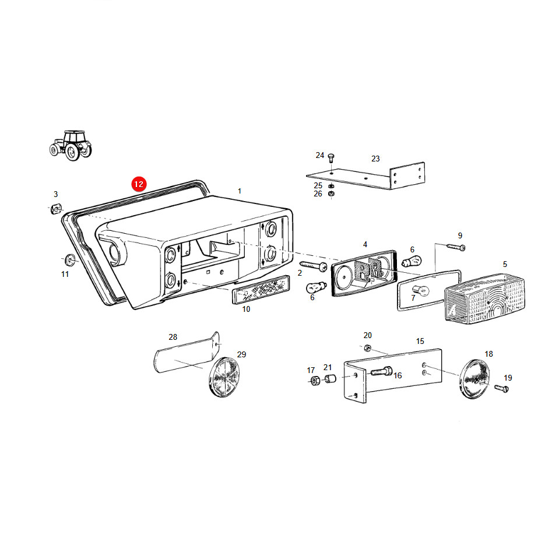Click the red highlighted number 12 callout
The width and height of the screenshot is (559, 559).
(x=139, y=184)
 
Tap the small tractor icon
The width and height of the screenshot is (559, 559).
(x=70, y=146)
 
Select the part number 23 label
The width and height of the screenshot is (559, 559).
(x=375, y=159)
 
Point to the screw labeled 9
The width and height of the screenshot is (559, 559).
(x=456, y=247)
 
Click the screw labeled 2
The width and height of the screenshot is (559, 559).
(x=314, y=266)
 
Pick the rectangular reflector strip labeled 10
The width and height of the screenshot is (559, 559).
(x=261, y=290)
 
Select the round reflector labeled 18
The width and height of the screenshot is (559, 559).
(x=474, y=379)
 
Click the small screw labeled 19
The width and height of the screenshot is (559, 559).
(x=502, y=388)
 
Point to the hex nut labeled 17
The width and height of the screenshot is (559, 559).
(x=314, y=381)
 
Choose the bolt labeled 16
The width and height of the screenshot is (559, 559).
(x=381, y=371)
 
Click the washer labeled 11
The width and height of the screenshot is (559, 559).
(x=70, y=260)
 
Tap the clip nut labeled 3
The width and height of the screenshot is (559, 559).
(x=56, y=209)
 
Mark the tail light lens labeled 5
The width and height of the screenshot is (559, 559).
(x=485, y=298)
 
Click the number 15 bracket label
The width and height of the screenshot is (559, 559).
(x=420, y=341)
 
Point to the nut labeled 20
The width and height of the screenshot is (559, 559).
(x=368, y=347)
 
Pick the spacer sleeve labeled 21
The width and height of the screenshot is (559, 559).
(x=331, y=378)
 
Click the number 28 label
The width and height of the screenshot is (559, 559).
(x=173, y=337)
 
